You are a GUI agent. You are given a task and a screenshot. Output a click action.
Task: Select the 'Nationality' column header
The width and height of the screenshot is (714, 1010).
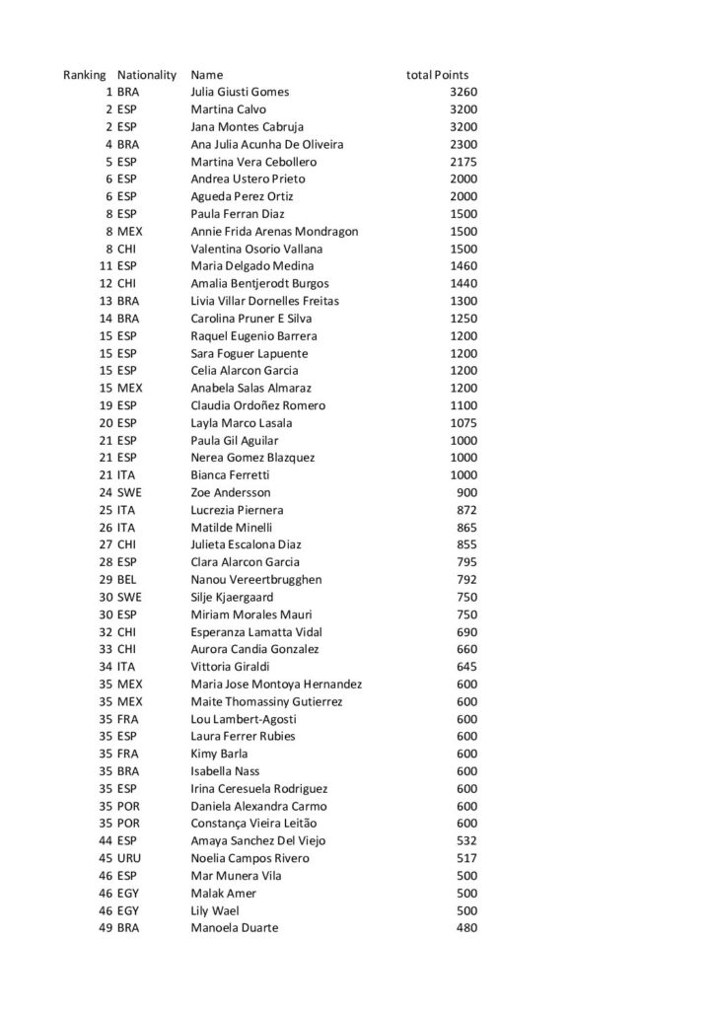[146, 75]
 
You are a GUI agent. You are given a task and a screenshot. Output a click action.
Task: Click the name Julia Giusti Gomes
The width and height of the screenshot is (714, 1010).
[240, 92]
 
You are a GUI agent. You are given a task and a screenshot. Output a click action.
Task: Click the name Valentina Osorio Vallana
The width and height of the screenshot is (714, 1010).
[256, 249]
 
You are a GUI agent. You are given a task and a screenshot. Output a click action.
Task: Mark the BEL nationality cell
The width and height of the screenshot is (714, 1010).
[128, 579]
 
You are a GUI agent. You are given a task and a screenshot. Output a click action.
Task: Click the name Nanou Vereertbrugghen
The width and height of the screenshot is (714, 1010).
[255, 579]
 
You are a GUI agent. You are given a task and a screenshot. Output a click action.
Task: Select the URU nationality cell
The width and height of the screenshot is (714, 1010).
[129, 858]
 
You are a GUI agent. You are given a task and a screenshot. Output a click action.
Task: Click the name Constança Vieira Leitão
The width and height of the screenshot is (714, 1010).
[253, 824]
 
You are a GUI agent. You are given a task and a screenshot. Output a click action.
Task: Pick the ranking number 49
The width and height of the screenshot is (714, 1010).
[104, 928]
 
